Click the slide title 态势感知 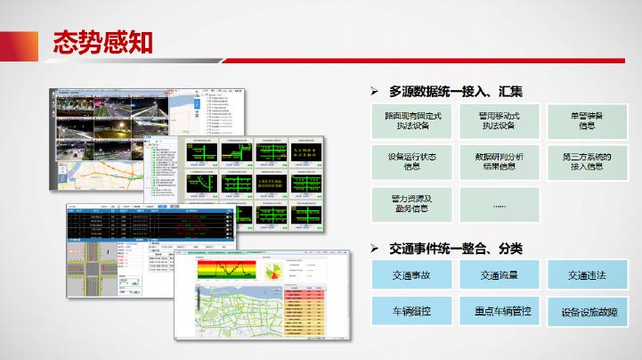(x=102, y=42)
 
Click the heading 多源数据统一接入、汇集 (x=455, y=92)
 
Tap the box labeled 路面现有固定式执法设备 (x=411, y=121)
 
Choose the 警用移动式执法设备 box (x=498, y=121)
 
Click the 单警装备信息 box (x=586, y=121)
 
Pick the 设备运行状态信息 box (x=411, y=161)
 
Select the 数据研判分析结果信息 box (x=498, y=161)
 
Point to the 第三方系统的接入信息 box (x=586, y=161)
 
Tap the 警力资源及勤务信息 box (x=411, y=202)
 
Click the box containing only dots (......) (x=498, y=202)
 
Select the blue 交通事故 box (x=411, y=275)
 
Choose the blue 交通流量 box (x=498, y=275)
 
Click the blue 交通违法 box (x=586, y=275)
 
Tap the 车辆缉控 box (x=411, y=312)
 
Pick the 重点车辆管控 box (x=498, y=312)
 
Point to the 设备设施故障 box (x=586, y=313)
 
